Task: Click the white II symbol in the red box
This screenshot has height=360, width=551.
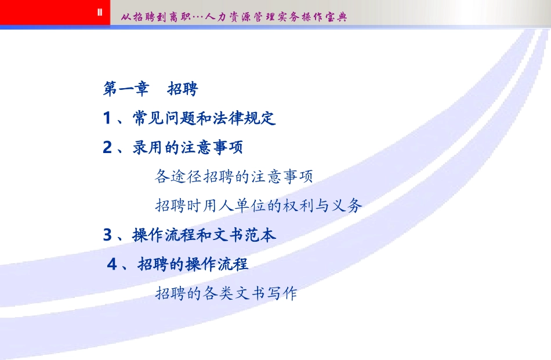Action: click(100, 12)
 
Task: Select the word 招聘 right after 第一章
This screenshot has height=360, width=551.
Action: click(182, 89)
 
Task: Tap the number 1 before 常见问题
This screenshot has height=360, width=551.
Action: click(107, 119)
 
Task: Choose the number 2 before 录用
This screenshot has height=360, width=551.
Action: click(107, 148)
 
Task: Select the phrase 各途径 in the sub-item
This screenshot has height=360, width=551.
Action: click(178, 176)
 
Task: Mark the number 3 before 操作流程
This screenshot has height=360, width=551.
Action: click(107, 235)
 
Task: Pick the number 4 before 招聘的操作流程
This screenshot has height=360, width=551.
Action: click(113, 264)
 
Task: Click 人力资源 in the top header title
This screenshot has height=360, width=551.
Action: click(227, 17)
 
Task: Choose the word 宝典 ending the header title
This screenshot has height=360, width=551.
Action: click(336, 17)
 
